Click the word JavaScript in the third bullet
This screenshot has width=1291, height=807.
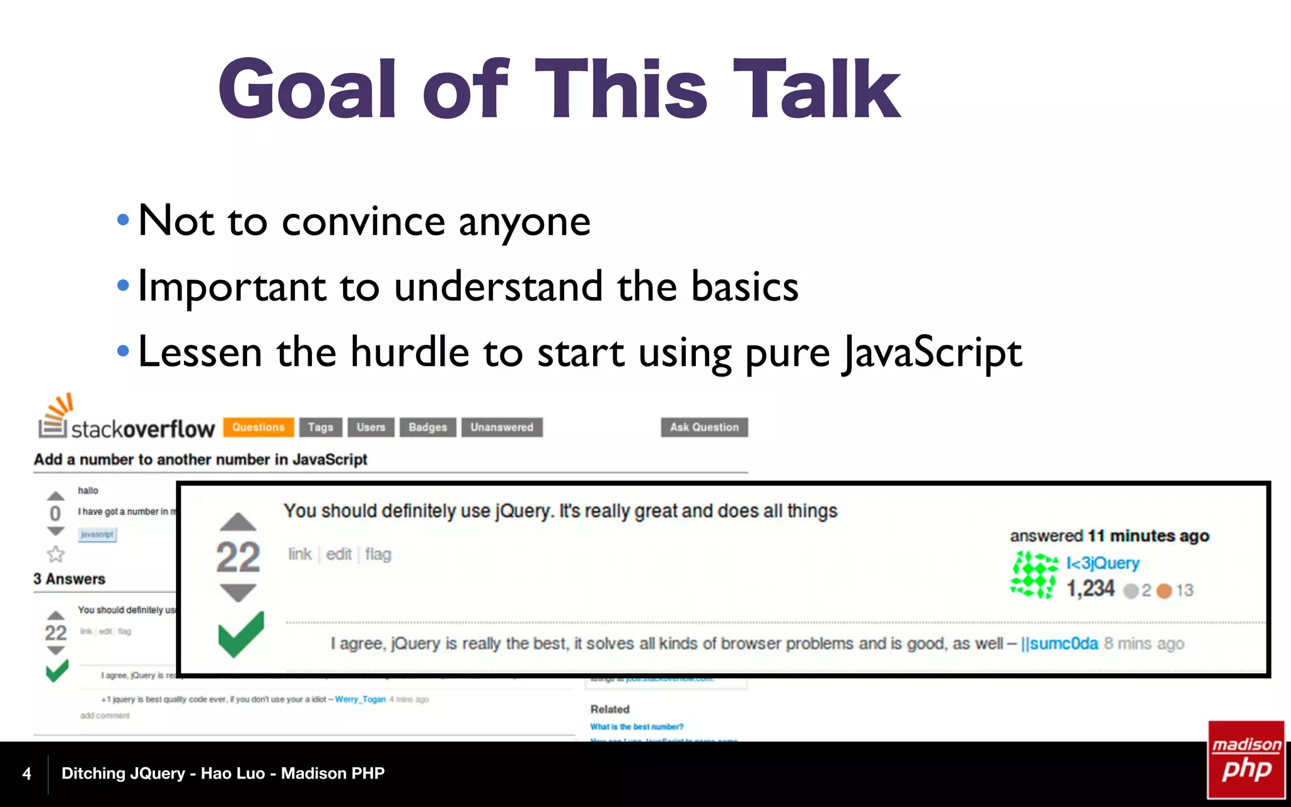pos(932,352)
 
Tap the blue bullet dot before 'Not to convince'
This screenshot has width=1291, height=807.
pos(123,221)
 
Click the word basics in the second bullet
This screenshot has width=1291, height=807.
pos(744,287)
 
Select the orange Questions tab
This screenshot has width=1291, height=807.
pos(258,427)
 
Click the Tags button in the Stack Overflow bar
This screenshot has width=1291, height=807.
pos(320,427)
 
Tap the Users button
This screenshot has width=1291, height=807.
pos(371,427)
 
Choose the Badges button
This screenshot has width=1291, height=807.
pos(427,427)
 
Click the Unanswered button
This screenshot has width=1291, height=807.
pos(502,427)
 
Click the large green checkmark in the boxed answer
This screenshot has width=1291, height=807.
pos(241,634)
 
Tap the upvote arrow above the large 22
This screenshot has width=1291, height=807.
pos(238,521)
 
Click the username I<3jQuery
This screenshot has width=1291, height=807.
pos(1103,562)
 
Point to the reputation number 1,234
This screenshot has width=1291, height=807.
pos(1090,589)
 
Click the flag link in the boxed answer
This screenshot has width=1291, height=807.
pos(378,554)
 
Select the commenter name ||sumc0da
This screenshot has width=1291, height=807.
pos(1059,643)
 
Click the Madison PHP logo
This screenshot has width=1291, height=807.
pos(1246,759)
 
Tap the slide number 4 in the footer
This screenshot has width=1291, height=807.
pos(26,774)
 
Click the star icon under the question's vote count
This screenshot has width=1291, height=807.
pos(55,554)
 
